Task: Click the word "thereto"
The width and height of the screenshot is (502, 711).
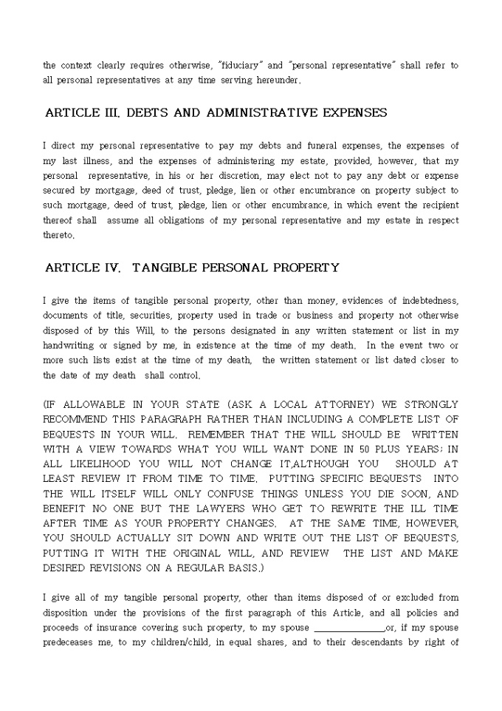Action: click(58, 235)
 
